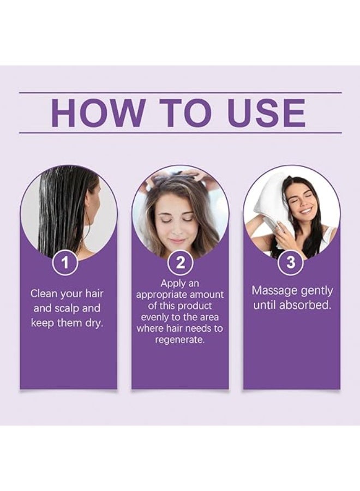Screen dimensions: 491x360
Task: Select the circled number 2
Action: [181, 263]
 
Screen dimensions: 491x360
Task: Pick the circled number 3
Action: [291, 262]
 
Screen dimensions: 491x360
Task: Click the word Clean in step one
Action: [43, 294]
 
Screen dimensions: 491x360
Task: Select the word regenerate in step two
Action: [180, 339]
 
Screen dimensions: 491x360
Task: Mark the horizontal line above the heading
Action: [180, 93]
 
